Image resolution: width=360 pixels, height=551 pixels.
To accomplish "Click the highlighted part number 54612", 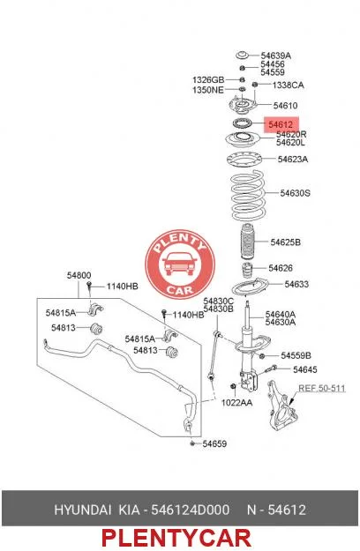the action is (281, 124).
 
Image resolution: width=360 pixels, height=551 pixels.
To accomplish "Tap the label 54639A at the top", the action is (275, 56).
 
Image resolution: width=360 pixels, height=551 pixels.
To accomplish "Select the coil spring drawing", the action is (248, 196).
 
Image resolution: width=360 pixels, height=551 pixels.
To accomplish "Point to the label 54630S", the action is (295, 193).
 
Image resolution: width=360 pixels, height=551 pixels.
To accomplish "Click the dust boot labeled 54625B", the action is (248, 243).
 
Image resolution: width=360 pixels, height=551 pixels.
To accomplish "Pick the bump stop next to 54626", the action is (248, 271).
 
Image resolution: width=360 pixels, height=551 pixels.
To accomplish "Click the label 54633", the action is (296, 284).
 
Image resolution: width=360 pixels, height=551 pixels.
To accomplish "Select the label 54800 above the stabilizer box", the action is (79, 275).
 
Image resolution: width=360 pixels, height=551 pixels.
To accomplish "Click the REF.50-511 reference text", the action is (322, 388).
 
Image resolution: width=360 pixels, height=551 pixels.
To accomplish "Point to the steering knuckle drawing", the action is (281, 406).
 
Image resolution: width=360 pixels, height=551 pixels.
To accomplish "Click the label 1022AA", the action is (236, 403).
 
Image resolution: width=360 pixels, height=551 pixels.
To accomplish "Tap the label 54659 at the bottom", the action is (214, 443).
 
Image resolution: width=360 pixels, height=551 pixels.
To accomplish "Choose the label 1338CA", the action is (288, 85).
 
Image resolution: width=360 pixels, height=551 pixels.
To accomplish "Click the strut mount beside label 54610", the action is (243, 105).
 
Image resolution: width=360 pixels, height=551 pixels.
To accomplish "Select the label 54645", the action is (305, 369).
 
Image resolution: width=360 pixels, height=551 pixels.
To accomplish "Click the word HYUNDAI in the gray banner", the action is (82, 510).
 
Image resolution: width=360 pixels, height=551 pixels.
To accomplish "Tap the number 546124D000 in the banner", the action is (191, 510).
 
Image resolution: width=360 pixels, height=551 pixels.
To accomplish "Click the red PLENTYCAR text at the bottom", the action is (176, 538).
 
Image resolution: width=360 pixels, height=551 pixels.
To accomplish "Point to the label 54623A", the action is (293, 160).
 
